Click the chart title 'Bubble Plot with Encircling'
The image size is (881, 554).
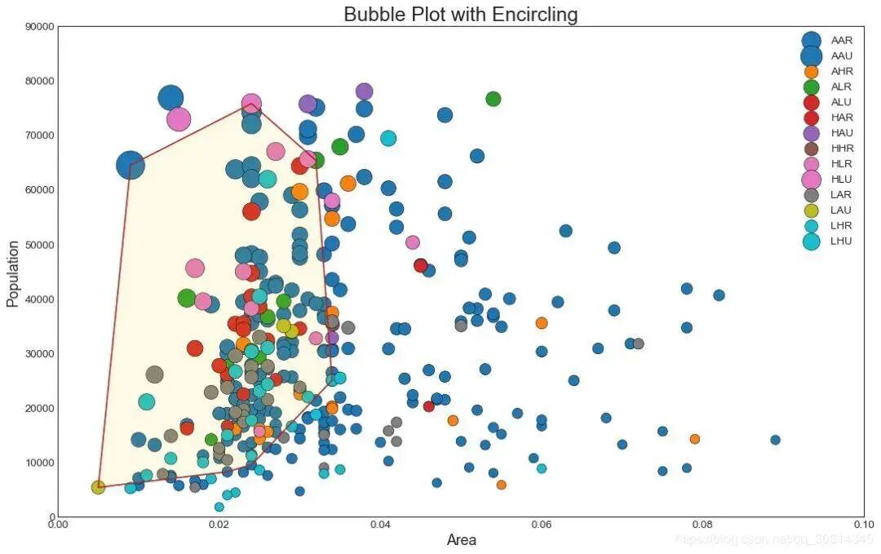(x=460, y=14)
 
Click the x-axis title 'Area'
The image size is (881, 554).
(x=461, y=540)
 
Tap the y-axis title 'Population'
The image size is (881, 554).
(x=12, y=273)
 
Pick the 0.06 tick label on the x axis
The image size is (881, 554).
(x=542, y=524)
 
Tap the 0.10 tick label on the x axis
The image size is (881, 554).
(x=863, y=524)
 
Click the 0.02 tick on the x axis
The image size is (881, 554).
(x=219, y=524)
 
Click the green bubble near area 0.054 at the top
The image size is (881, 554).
(x=493, y=99)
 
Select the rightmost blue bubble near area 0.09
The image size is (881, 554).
(x=775, y=440)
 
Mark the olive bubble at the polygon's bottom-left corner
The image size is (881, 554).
(x=98, y=487)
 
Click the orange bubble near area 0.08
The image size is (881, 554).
(x=694, y=439)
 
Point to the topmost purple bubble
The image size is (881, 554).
(x=364, y=91)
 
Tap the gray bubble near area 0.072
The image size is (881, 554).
(x=638, y=343)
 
